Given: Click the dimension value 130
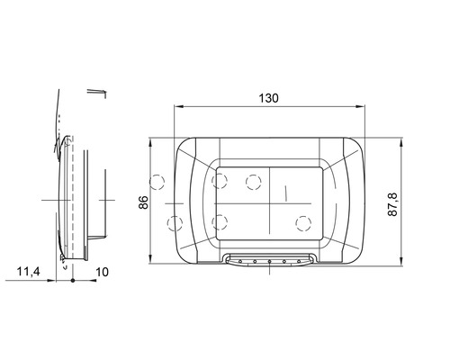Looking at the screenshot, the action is pos(268,98).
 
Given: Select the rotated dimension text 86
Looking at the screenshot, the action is pos(144,202).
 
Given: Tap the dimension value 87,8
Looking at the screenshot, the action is pos(392,204).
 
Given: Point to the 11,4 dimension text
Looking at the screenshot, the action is pos(28,272).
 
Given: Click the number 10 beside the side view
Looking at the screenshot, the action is pos(102,272).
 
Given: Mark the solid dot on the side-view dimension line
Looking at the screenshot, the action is pos(73,281).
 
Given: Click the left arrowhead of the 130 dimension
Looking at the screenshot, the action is pos(179,106).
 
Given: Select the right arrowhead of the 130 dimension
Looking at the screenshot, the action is pos(360,106).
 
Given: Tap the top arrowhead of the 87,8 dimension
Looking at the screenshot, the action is pos(401,142).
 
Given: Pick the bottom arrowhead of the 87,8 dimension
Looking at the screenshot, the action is pos(401,261).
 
